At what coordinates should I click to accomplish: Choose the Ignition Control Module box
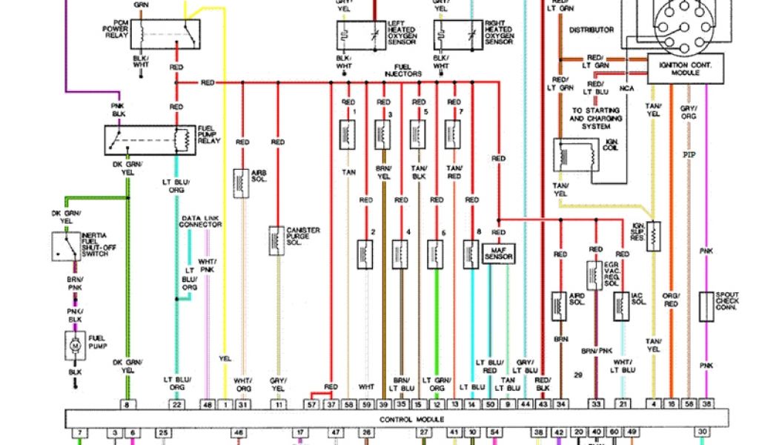pos(685,69)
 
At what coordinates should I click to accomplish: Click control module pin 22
pos(176,403)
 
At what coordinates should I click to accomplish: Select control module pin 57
pos(312,403)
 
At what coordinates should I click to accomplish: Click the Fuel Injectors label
pos(403,71)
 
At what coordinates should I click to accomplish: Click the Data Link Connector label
pos(201,221)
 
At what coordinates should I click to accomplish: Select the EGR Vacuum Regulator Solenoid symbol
pos(594,275)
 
